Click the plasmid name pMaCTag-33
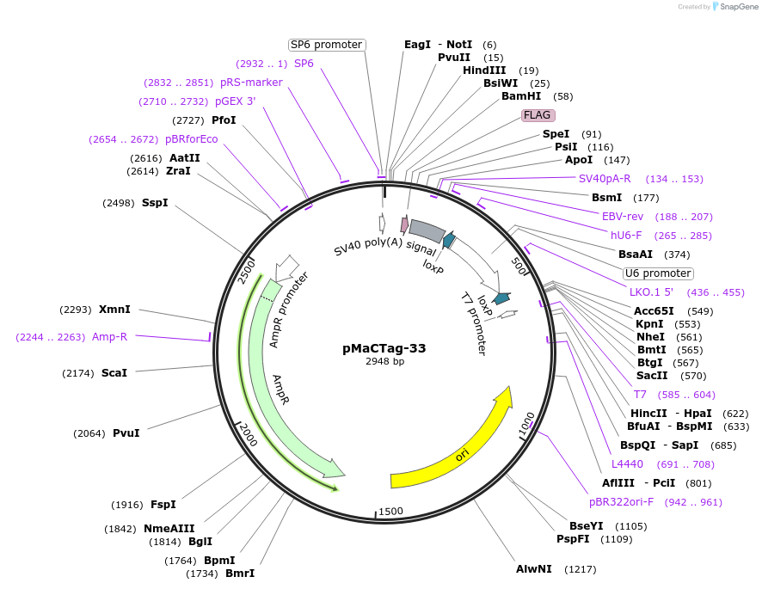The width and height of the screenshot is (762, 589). point(384,348)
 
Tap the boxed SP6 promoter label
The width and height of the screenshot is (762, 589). point(326,45)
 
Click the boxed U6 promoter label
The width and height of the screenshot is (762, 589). point(658,273)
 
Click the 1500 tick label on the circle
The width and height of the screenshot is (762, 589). point(390,511)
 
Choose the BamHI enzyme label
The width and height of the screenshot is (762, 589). point(521,96)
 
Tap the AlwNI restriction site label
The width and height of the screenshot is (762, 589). point(533,569)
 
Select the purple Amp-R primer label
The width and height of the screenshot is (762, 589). point(109,336)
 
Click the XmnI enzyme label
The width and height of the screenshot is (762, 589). point(114,309)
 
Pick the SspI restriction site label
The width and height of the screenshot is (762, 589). point(155,203)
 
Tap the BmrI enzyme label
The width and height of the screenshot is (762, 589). point(240,573)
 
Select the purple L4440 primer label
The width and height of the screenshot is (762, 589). point(628,464)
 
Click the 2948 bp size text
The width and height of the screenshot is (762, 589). point(384,362)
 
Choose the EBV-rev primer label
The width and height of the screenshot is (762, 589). point(623,217)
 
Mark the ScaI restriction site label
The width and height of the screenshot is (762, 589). point(114,372)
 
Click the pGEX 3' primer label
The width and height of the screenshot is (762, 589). point(235,101)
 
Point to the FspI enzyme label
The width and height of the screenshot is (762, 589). point(163,504)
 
